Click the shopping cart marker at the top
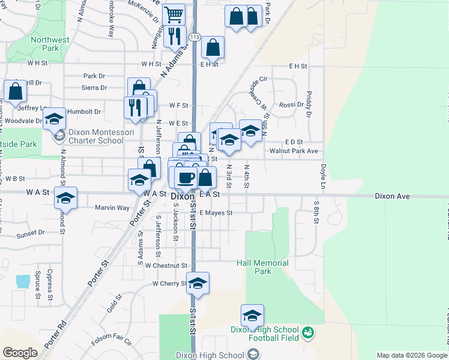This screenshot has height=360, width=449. tap(173, 14)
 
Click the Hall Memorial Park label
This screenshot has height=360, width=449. tap(262, 267)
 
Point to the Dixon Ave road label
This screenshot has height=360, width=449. tap(392, 196)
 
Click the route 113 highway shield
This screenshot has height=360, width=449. tap(194, 37)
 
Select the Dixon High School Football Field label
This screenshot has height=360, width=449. tap(265, 334)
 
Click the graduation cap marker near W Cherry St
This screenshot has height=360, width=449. tap(197, 283)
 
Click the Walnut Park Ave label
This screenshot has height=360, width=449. tap(294, 151)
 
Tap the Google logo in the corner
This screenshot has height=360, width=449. tap(20, 353)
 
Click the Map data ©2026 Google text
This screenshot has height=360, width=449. tap(412, 355)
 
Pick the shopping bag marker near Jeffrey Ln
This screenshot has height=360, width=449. tap(15, 91)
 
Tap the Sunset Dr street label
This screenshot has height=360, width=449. tap(31, 232)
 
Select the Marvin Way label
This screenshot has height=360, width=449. tap(112, 208)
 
